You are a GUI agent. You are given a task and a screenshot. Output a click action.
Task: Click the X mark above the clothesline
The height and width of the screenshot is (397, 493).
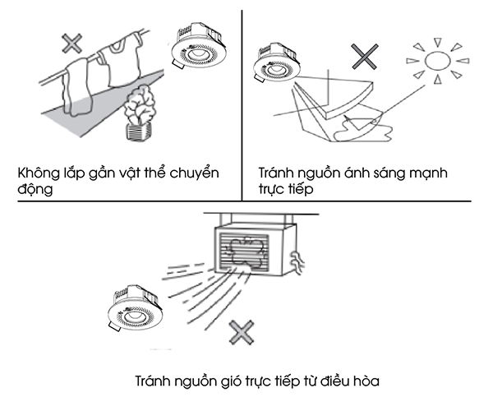(72, 43)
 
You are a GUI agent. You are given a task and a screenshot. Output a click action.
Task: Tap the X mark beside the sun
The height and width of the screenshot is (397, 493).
(365, 57)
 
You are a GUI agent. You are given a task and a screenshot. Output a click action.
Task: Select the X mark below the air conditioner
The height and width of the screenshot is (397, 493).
(241, 332)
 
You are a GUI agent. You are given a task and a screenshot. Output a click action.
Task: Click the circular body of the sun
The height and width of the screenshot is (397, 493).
(437, 60)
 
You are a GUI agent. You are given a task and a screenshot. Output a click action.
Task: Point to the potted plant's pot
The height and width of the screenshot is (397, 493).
(138, 132)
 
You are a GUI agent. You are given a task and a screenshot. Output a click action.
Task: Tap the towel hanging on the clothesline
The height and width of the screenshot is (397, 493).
(77, 86)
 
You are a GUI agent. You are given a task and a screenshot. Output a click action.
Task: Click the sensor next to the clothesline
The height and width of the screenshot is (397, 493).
(199, 46)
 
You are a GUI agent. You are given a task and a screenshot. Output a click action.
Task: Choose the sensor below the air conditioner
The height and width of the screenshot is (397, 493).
(136, 308)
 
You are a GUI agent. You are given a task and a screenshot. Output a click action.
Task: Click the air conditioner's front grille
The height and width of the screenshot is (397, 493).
(244, 252)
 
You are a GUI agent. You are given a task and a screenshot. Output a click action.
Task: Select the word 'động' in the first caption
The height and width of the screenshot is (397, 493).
(35, 189)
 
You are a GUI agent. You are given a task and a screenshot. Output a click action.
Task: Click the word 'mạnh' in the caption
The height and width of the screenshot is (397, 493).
(431, 173)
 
